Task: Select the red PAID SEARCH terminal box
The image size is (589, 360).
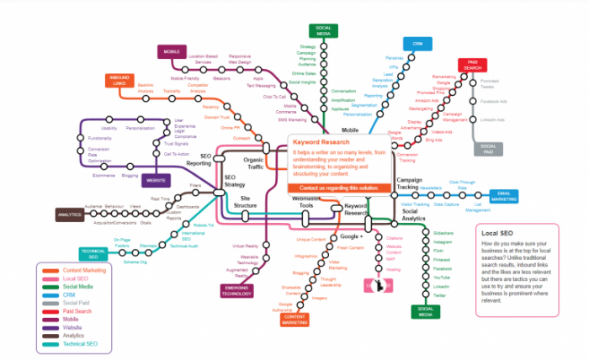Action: pos(473,66)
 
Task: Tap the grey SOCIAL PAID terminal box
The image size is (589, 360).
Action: pos(488,149)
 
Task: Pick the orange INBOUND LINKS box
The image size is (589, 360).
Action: pos(118,82)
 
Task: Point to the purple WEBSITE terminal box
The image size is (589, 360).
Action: pos(155,180)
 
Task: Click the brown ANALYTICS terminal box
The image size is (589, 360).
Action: pos(68,214)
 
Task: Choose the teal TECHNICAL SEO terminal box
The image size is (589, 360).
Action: pos(93,253)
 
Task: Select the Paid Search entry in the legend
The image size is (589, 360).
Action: pos(77,311)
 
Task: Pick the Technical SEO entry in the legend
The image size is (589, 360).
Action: pos(80,345)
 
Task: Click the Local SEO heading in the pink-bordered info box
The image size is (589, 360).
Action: pos(496,231)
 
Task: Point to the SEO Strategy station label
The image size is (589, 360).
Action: pos(235,182)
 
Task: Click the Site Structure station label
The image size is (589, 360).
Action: pos(246,202)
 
